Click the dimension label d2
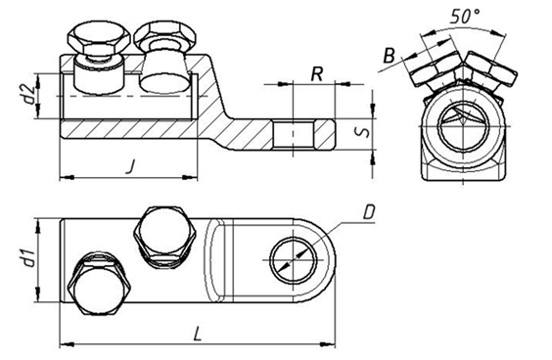[31, 93]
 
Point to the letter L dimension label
[198, 334]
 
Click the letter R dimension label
[317, 74]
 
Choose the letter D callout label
[368, 213]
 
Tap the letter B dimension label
[389, 55]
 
